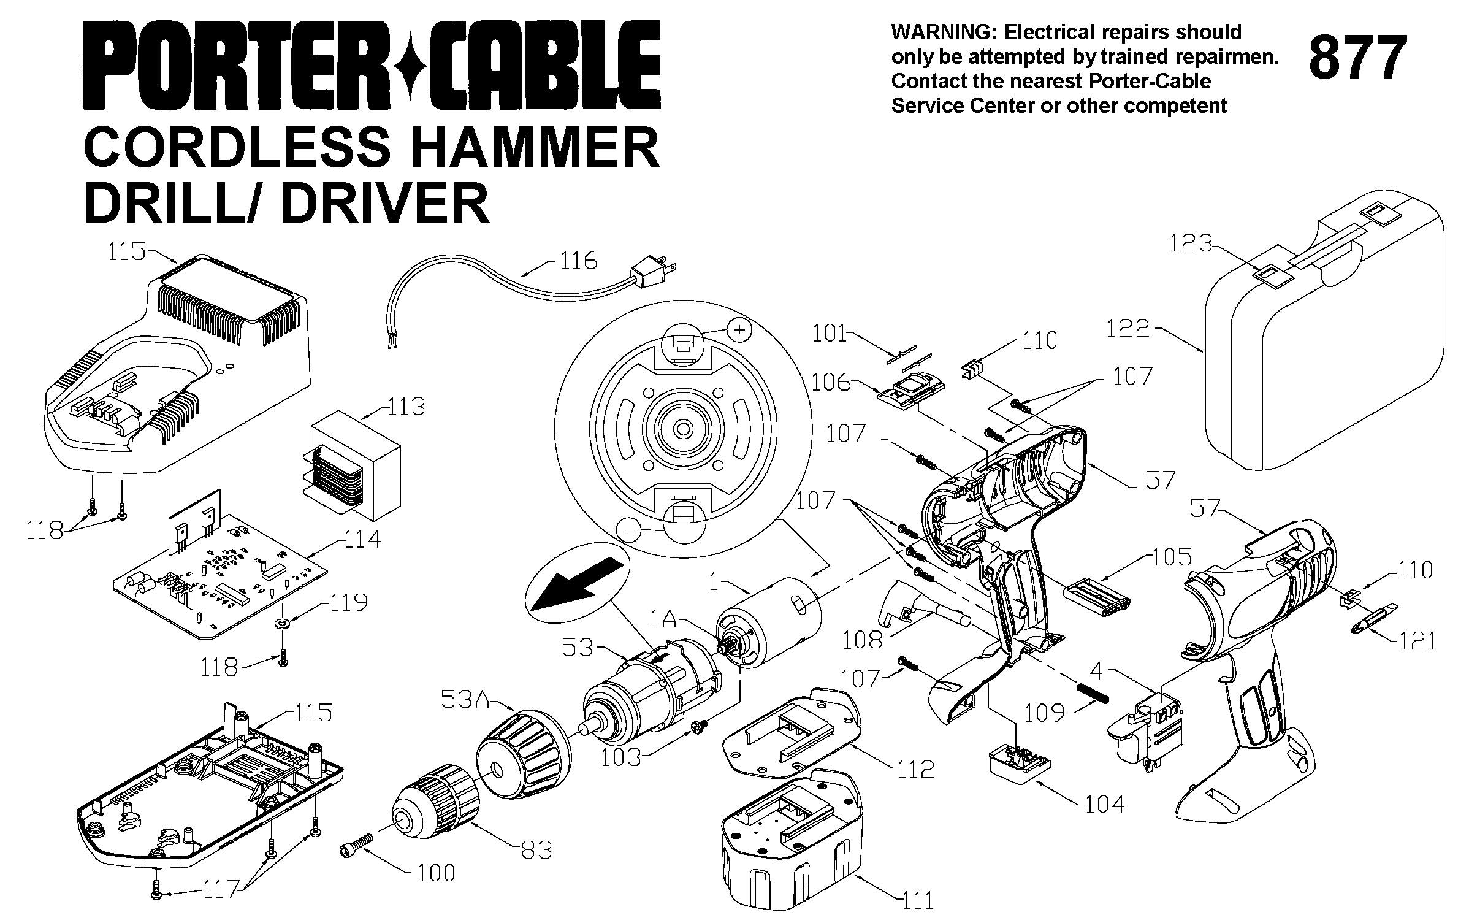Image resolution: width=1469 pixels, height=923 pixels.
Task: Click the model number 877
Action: tap(1358, 58)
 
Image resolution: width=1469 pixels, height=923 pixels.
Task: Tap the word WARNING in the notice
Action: tap(944, 32)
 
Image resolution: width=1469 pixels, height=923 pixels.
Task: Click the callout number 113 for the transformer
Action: tap(406, 407)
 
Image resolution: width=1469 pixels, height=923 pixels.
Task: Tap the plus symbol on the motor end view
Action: tap(740, 331)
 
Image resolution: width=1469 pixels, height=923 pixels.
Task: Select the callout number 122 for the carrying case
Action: tap(1127, 329)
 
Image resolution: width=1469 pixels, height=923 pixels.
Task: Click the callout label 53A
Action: tap(464, 699)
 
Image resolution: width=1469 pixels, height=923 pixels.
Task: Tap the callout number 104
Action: tap(1105, 805)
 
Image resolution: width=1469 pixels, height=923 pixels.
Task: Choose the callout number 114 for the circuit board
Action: tap(362, 540)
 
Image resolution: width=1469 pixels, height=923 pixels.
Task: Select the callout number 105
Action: tap(1172, 557)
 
